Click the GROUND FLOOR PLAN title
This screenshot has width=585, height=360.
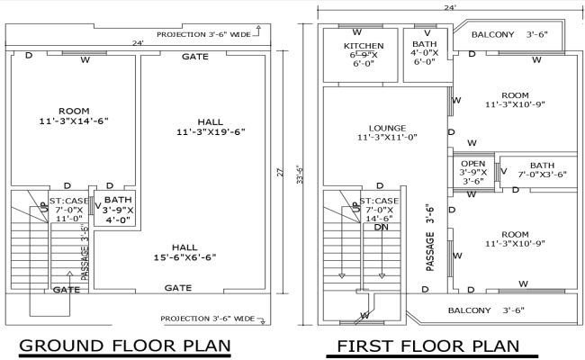click(x=125, y=346)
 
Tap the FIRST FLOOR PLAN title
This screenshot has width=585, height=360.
click(x=428, y=346)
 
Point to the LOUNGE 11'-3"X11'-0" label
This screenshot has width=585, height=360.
click(x=386, y=132)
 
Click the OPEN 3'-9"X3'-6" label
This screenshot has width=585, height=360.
click(x=472, y=172)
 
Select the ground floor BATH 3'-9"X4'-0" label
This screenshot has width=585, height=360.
click(x=118, y=210)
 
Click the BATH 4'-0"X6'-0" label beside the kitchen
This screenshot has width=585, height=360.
click(x=425, y=53)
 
